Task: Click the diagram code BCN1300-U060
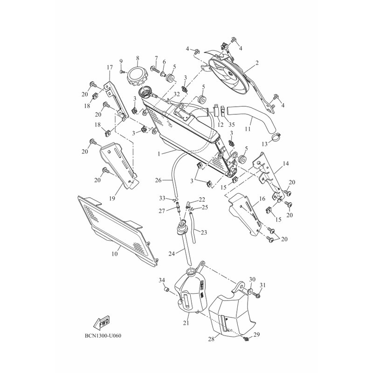(103, 336)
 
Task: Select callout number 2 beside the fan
(257, 63)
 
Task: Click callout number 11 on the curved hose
(248, 129)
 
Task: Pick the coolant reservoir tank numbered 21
(190, 293)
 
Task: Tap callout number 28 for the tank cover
(211, 338)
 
